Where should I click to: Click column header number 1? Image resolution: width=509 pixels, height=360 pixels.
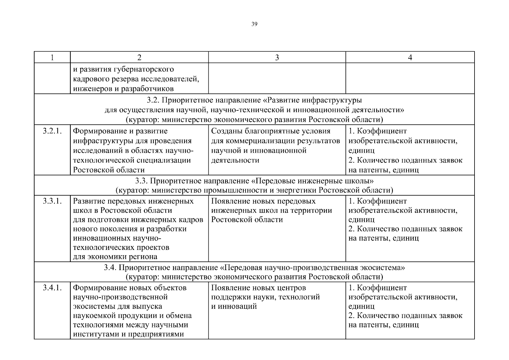(x=52, y=58)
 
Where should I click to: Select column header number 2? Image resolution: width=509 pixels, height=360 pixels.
(x=139, y=58)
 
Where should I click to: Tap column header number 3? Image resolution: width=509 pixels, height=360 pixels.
(x=277, y=58)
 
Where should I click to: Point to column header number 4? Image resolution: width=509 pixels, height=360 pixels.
(x=410, y=58)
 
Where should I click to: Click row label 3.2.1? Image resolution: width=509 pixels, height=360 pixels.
(x=52, y=131)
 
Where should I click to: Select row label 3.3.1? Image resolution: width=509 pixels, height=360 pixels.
(x=52, y=201)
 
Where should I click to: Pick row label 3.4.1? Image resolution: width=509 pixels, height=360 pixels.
(x=52, y=288)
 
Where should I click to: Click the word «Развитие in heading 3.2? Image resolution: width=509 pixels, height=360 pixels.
(x=283, y=100)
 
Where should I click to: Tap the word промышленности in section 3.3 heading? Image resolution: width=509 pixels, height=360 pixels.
(x=235, y=190)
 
